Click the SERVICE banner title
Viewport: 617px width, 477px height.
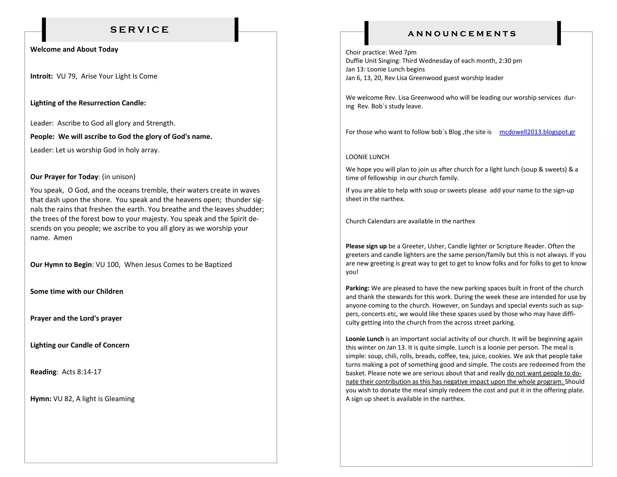tap(139, 30)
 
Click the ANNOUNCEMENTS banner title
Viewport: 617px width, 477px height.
tap(462, 33)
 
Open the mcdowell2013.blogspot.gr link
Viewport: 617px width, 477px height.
tap(537, 132)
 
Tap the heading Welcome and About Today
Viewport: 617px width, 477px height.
tap(74, 49)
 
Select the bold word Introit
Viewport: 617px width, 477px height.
tap(41, 76)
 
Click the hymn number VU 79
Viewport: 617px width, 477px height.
tap(66, 76)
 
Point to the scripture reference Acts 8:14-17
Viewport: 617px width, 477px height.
tap(82, 372)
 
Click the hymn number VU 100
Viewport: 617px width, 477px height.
tap(108, 264)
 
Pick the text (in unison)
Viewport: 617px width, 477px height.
tap(119, 177)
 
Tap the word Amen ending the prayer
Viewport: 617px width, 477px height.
tap(63, 238)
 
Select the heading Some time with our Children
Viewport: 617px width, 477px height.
tap(77, 291)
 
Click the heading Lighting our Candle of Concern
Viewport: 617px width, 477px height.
tap(80, 345)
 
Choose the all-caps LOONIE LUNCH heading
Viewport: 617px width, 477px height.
tap(367, 157)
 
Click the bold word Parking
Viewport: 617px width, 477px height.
tap(357, 288)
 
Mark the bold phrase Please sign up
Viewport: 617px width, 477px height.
tap(366, 246)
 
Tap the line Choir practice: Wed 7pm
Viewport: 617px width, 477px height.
tap(381, 52)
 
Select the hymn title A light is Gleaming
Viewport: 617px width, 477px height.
tap(105, 399)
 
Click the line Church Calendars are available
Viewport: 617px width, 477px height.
tap(410, 221)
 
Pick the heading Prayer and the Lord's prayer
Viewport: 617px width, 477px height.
tap(76, 318)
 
